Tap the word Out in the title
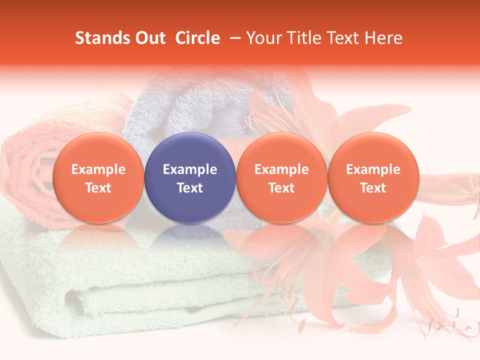pyautogui.click(x=150, y=38)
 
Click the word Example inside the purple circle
pyautogui.click(x=190, y=169)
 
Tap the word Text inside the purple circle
pyautogui.click(x=190, y=188)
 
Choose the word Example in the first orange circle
pyautogui.click(x=98, y=169)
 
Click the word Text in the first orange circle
pyautogui.click(x=98, y=188)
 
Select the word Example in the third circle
pyautogui.click(x=281, y=169)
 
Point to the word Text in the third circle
pyautogui.click(x=281, y=188)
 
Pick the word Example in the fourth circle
pyautogui.click(x=373, y=169)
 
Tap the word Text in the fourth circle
pyautogui.click(x=373, y=188)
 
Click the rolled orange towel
pyautogui.click(x=30, y=165)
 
